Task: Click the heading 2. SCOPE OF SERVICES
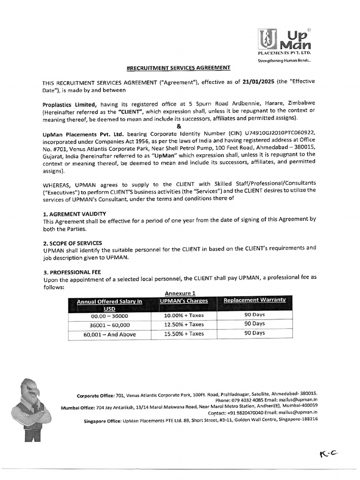point(72,243)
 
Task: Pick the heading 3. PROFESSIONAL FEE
point(72,272)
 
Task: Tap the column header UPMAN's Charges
point(184,300)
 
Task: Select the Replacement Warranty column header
point(255,300)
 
